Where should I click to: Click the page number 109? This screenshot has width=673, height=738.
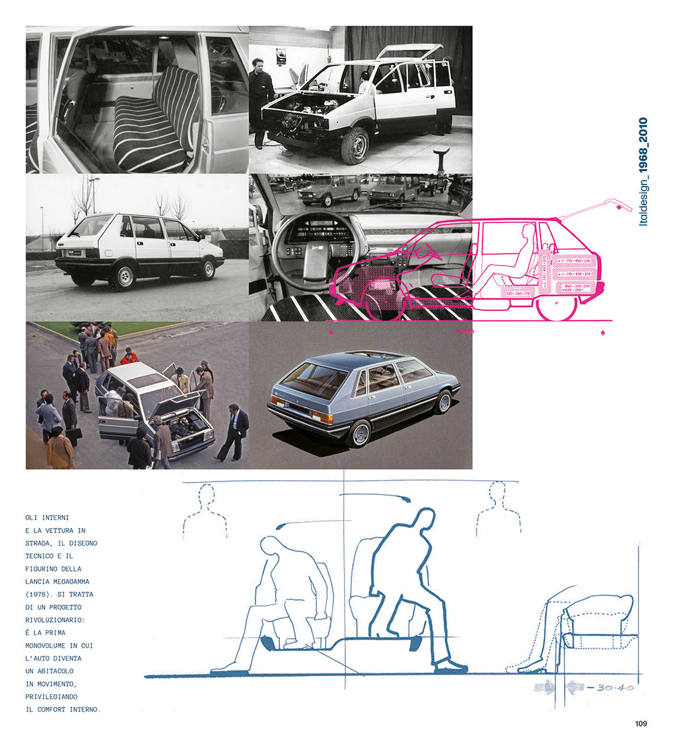point(640,724)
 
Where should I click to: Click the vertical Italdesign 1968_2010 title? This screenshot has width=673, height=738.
point(643,172)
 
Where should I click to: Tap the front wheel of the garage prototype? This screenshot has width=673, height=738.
point(354,145)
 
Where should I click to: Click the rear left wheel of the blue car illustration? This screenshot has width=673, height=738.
point(359,433)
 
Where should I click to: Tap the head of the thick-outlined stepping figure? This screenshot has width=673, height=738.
point(423,520)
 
